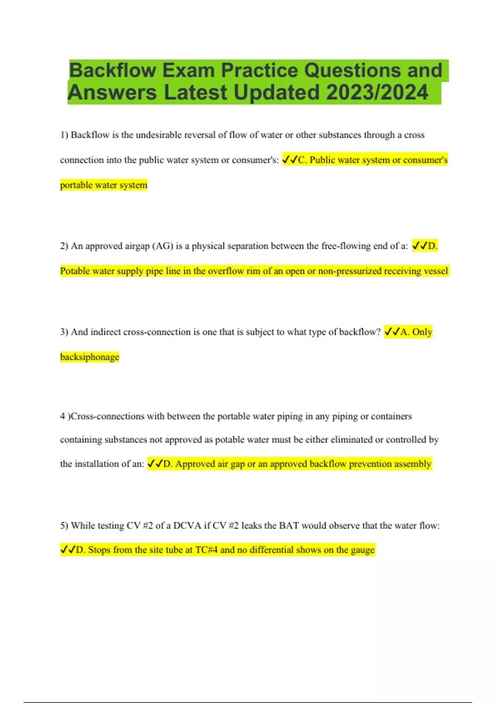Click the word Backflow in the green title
click(112, 70)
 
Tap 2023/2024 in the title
click(377, 92)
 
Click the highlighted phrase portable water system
click(103, 185)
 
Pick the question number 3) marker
click(64, 332)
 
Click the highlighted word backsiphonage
click(89, 357)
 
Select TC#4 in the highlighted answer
click(206, 550)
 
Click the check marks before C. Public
click(290, 160)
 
